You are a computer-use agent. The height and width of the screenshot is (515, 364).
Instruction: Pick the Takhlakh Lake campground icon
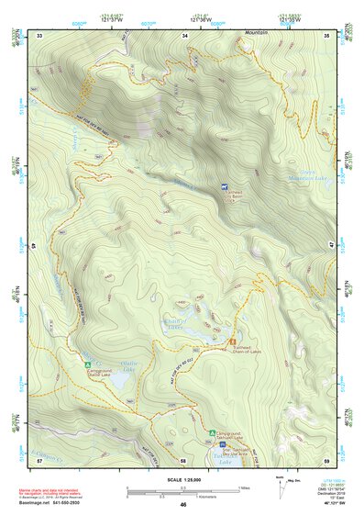click(213, 431)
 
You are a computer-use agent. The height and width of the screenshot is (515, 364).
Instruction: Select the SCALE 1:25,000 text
click(182, 481)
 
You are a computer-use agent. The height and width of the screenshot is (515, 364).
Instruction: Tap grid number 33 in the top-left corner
click(39, 35)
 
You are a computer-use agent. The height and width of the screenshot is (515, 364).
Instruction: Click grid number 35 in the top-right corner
click(327, 35)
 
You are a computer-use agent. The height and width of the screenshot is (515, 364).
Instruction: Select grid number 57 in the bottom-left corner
click(39, 460)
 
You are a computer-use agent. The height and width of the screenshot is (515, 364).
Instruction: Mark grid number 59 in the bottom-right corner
click(326, 460)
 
